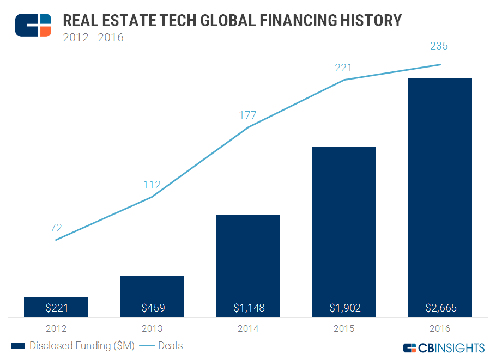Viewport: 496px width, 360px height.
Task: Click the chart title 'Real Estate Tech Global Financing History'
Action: click(232, 21)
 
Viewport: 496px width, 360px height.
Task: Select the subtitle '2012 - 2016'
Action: click(93, 38)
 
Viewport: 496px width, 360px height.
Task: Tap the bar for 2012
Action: click(56, 302)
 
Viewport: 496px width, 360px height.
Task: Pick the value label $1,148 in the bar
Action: click(248, 308)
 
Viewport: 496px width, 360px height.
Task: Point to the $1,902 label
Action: click(344, 308)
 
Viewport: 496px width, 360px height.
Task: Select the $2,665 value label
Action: click(440, 308)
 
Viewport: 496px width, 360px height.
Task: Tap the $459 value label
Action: click(152, 308)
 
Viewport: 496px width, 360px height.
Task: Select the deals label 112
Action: click(152, 185)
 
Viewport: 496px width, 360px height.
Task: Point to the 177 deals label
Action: click(247, 115)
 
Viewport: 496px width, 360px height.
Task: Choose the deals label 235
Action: click(439, 46)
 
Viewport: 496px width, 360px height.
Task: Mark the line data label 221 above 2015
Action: click(343, 68)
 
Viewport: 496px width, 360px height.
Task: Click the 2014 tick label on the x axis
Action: click(248, 328)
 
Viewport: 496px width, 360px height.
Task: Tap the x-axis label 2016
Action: click(440, 328)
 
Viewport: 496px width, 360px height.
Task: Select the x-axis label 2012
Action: click(56, 328)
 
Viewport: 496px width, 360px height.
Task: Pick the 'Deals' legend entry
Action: click(161, 346)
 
